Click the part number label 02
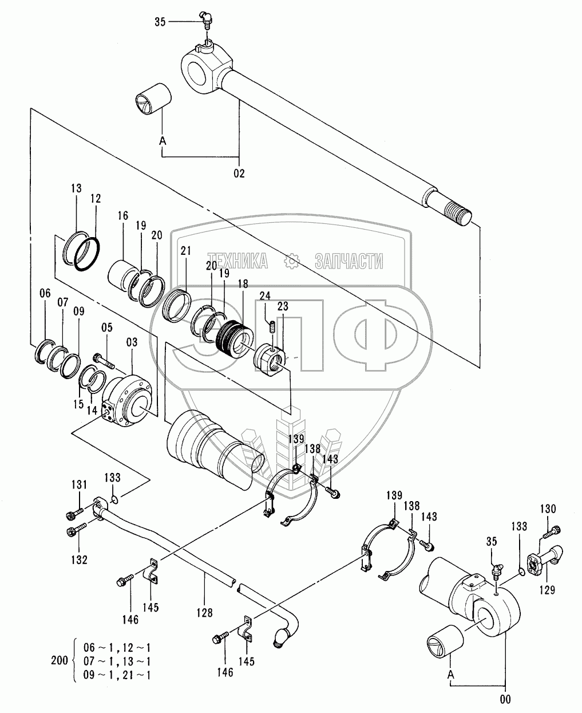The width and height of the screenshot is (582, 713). pyautogui.click(x=239, y=173)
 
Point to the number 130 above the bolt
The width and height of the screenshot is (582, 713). pyautogui.click(x=548, y=508)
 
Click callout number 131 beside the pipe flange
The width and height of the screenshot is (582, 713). pyautogui.click(x=79, y=485)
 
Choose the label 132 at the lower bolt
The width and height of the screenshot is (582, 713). pyautogui.click(x=79, y=560)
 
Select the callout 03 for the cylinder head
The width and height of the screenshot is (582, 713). pyautogui.click(x=132, y=342)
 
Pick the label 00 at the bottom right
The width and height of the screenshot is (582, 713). pyautogui.click(x=504, y=699)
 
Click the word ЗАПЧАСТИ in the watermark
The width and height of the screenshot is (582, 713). pyautogui.click(x=349, y=261)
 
